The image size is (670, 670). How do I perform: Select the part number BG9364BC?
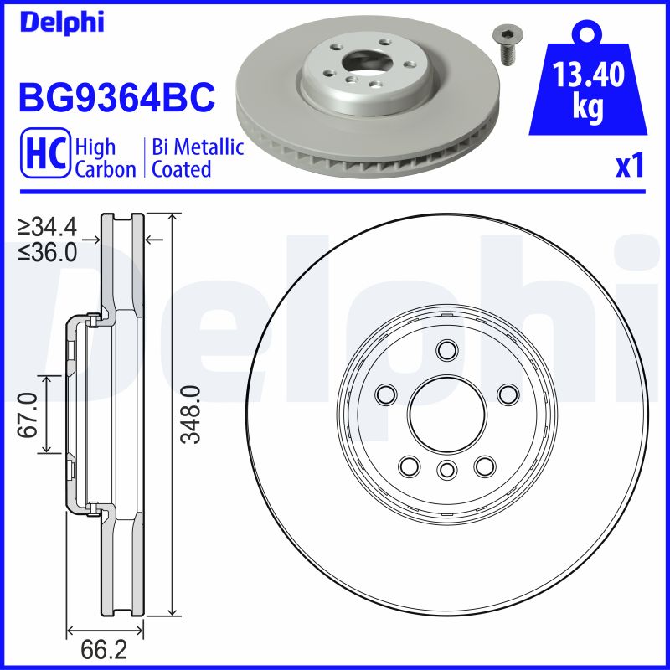coord(117,98)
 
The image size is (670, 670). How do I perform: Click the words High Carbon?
coord(105,158)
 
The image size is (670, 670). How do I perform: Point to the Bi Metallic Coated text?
coord(198,158)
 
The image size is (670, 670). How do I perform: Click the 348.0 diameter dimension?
coord(193,415)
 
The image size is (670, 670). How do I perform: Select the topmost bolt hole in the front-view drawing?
coord(446,349)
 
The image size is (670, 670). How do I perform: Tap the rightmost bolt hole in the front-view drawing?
coord(508,394)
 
